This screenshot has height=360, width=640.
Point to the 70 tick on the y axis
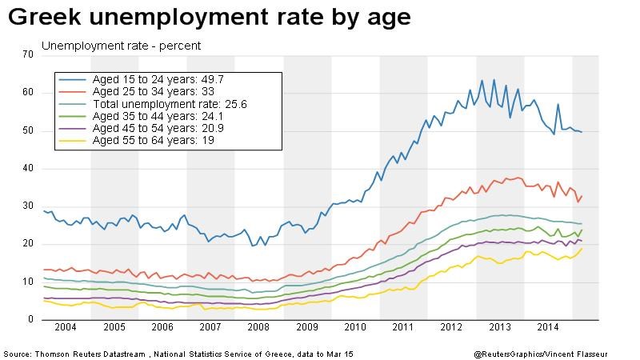29,54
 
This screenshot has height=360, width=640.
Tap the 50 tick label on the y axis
29,130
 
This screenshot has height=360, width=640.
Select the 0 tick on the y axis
31,320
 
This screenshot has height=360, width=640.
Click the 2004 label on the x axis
66,328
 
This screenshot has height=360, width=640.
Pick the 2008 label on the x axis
259,328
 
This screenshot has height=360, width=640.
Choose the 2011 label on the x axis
403,328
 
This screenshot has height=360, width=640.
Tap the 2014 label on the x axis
548,328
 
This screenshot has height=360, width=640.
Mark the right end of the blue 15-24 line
582,131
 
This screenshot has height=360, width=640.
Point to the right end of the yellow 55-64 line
582,249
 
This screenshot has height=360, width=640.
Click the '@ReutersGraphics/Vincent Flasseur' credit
552,353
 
